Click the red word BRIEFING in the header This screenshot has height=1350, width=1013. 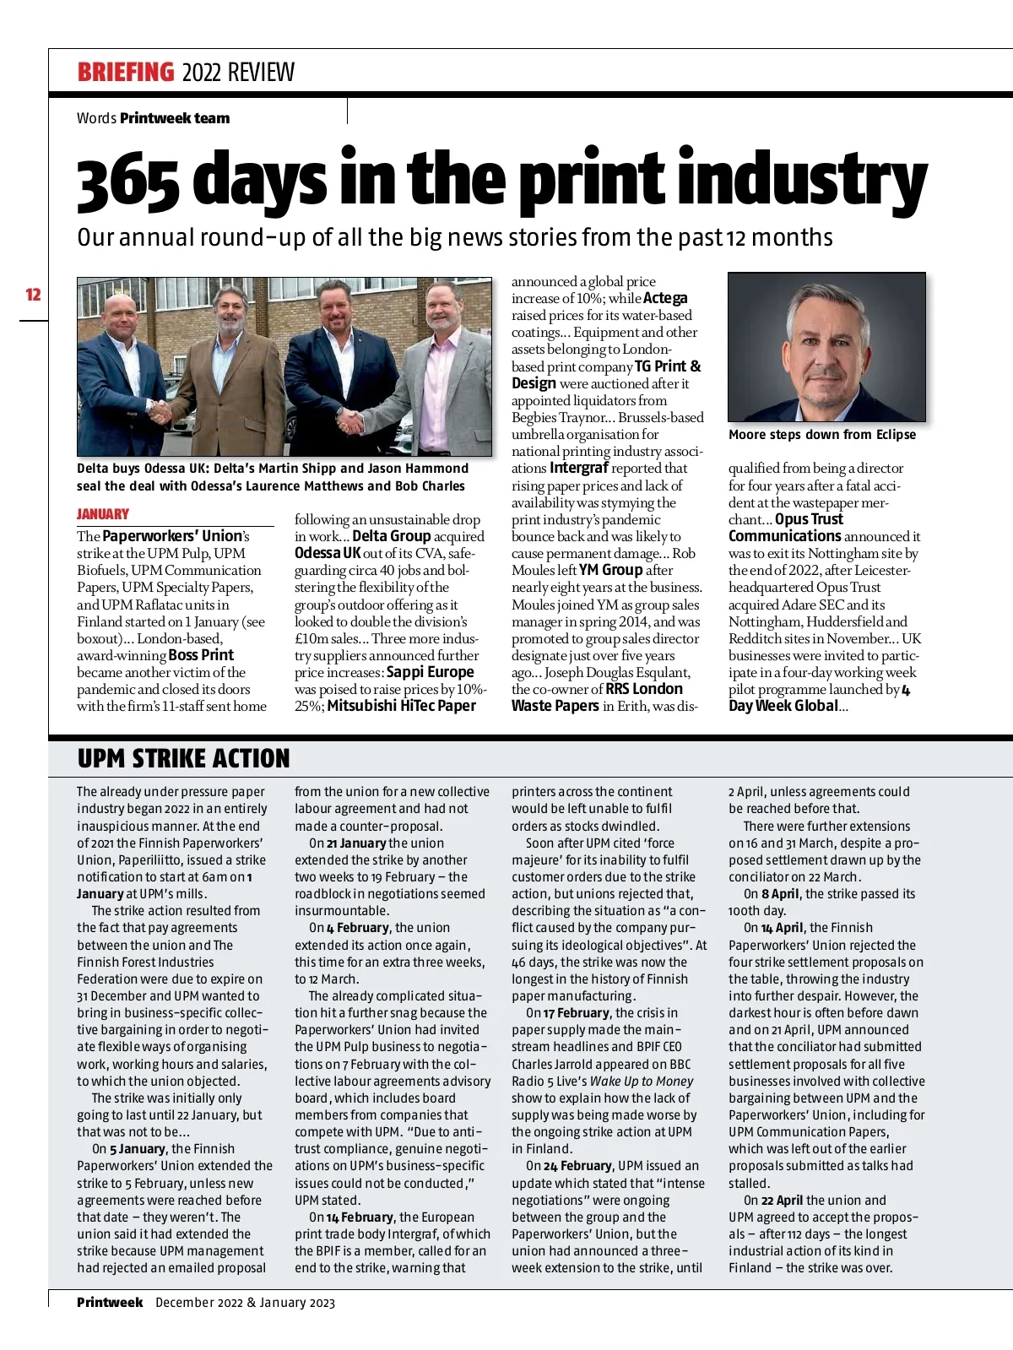point(126,73)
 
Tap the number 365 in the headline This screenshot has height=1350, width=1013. point(127,181)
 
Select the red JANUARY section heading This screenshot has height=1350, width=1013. point(103,513)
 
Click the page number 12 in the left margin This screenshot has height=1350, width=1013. point(34,295)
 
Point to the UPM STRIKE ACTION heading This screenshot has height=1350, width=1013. point(183,758)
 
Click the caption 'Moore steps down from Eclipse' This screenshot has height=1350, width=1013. point(821,434)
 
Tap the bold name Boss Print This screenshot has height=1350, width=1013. point(201,655)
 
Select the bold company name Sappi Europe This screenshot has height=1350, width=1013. point(430,672)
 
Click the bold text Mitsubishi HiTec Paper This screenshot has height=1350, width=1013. point(401,706)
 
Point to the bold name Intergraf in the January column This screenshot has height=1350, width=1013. point(578,468)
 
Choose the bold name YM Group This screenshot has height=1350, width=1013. point(610,570)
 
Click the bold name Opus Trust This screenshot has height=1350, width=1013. point(809,519)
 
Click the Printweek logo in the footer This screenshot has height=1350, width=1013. point(110,1302)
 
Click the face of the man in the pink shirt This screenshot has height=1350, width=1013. point(442,308)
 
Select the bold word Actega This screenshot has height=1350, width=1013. point(665,298)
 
